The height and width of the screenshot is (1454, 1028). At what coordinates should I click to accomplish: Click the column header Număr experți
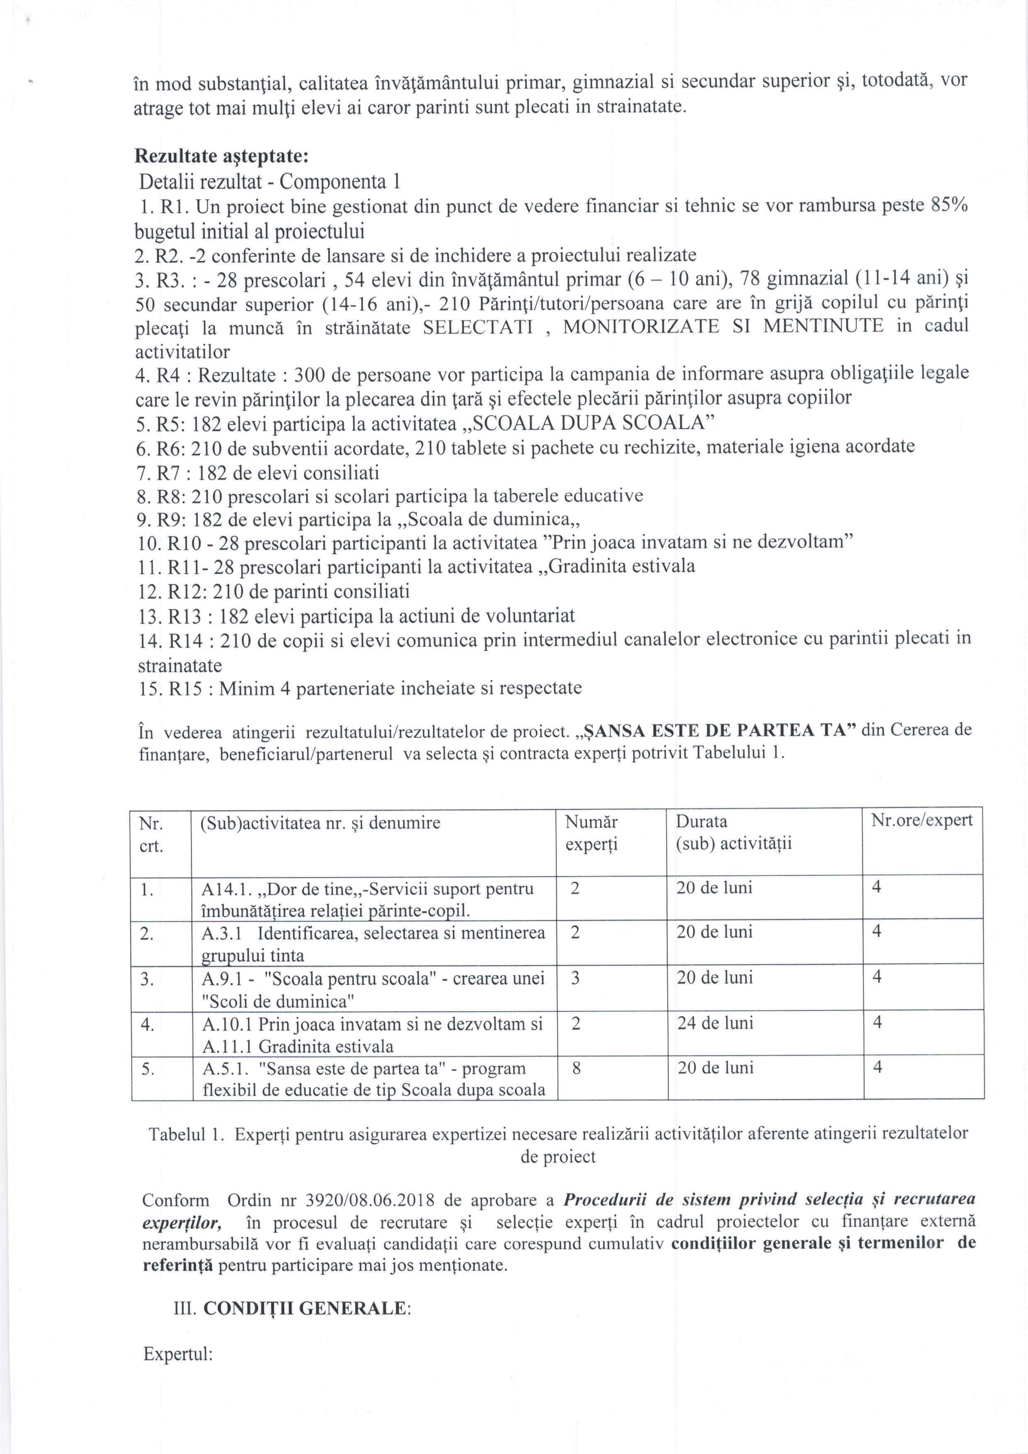click(x=591, y=834)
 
